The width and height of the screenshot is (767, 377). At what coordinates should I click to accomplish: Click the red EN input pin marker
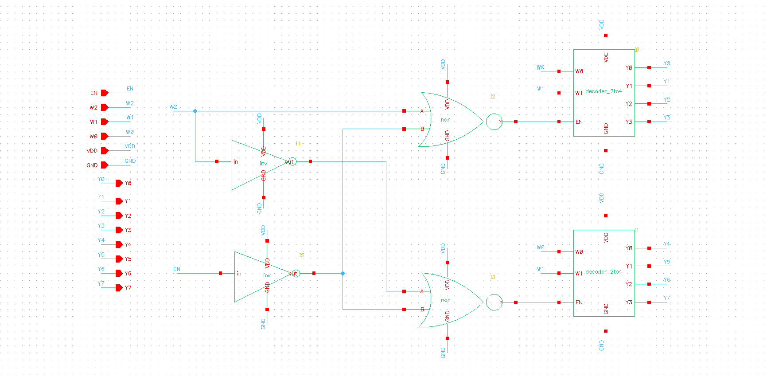click(105, 93)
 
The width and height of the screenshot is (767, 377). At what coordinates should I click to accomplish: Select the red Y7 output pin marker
click(119, 287)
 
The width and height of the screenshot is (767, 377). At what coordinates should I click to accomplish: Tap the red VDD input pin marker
click(105, 151)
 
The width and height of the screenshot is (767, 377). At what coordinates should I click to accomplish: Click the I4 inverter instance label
click(298, 143)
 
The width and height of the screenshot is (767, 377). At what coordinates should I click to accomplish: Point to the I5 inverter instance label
click(301, 255)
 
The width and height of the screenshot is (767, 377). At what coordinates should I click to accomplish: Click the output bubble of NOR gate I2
click(494, 122)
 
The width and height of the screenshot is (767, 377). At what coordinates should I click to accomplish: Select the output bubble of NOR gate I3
click(494, 302)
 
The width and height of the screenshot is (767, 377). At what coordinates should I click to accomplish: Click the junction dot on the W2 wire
click(195, 111)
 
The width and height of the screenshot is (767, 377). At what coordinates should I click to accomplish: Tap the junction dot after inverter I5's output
click(343, 273)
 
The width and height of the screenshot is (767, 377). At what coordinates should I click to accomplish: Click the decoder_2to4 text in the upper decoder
click(603, 91)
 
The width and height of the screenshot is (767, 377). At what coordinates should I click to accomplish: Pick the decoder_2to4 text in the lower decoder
click(603, 272)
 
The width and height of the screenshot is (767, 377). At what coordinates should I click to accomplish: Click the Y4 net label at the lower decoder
click(666, 244)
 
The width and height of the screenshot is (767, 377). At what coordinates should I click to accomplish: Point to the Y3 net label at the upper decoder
click(666, 118)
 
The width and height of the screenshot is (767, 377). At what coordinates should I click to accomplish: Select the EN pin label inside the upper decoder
click(579, 122)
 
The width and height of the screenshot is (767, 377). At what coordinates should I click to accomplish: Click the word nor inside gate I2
click(445, 120)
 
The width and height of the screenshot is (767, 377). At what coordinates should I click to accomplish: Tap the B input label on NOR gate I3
click(422, 310)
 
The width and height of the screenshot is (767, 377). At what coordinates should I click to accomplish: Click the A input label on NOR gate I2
click(422, 111)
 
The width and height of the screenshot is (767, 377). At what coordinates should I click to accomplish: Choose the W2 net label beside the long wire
click(173, 107)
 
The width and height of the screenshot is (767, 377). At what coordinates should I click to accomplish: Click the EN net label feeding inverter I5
click(176, 269)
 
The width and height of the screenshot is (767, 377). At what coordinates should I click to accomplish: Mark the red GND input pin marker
click(105, 165)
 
